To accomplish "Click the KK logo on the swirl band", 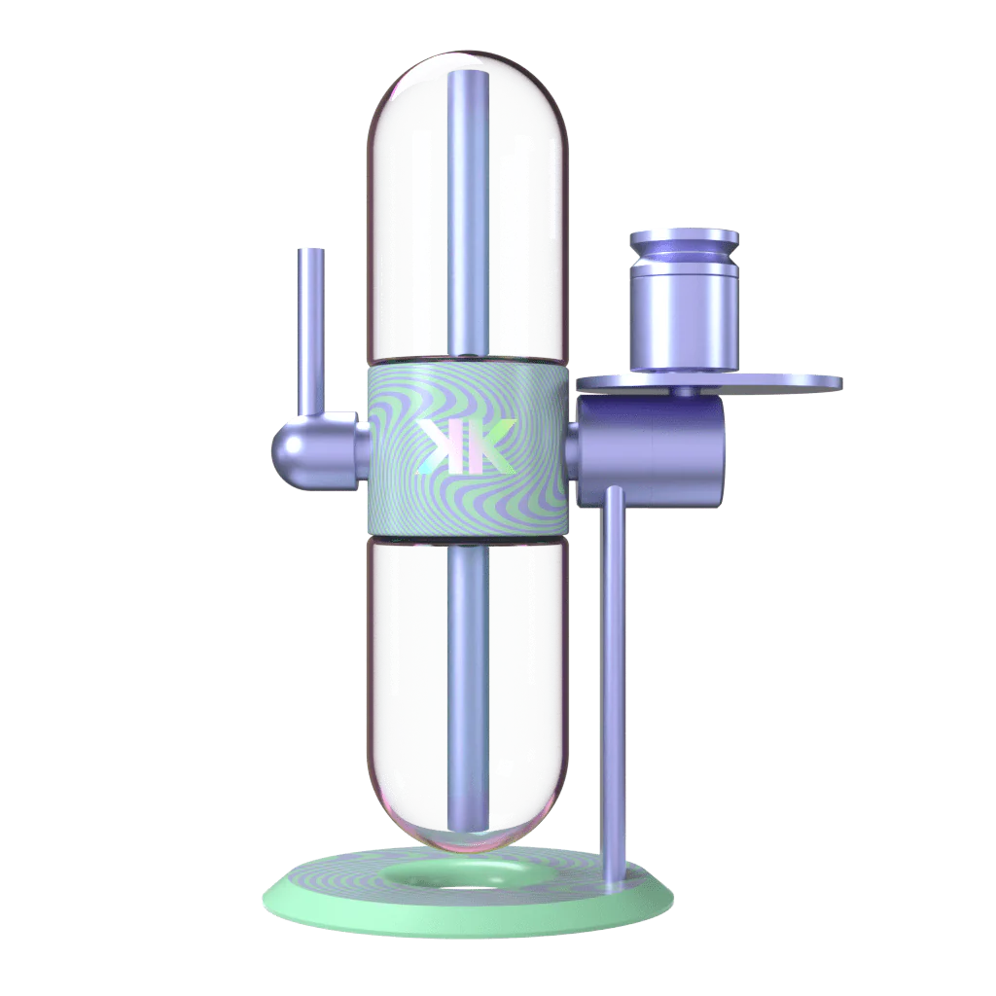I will point(466,446).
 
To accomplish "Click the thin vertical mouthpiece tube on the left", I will point(311,331).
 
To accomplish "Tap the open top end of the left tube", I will point(311,251).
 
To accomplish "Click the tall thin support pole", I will point(615,681).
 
